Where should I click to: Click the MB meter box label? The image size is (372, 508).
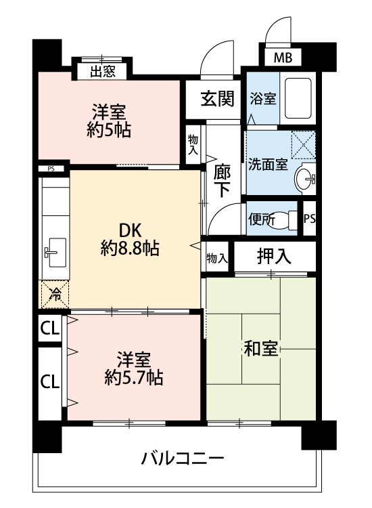click(283, 58)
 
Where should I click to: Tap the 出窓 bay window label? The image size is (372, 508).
click(103, 71)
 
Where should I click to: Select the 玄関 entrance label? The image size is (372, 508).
click(217, 98)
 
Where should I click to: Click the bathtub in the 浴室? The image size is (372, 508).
click(298, 98)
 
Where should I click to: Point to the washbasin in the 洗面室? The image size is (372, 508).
click(305, 178)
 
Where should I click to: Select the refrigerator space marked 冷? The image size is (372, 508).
click(55, 295)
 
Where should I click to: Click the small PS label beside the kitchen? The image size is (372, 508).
click(51, 169)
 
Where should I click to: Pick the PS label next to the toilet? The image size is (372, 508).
click(310, 219)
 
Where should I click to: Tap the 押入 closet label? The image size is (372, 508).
click(274, 257)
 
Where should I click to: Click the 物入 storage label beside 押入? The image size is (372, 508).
click(217, 258)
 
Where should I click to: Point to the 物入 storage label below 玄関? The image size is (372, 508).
click(193, 145)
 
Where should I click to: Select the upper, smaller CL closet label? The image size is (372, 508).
click(50, 329)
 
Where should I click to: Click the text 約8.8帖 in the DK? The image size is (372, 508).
click(130, 249)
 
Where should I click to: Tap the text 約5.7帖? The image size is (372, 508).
click(134, 377)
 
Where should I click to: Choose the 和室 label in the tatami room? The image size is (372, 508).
click(260, 349)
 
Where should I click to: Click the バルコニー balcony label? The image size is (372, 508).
click(183, 458)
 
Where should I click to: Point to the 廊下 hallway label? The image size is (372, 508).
click(223, 181)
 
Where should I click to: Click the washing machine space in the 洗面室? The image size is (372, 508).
click(304, 144)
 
